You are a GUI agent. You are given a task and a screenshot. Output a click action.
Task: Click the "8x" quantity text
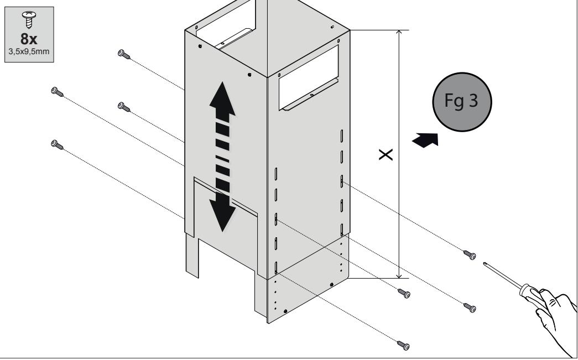(x=29, y=39)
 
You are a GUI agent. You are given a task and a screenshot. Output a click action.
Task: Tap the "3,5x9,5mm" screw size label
(x=29, y=51)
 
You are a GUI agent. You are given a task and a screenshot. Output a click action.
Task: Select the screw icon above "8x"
(x=29, y=19)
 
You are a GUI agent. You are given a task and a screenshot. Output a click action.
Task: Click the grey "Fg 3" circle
(x=462, y=102)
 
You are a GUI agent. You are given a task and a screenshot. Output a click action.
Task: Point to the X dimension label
(x=386, y=155)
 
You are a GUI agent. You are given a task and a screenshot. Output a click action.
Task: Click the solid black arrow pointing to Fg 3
(x=426, y=140)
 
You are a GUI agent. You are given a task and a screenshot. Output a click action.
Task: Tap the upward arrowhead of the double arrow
(x=222, y=99)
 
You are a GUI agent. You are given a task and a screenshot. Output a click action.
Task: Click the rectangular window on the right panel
(x=309, y=77)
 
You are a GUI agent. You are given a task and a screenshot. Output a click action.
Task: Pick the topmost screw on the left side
(x=124, y=55)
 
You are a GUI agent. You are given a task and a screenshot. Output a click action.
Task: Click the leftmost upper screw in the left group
(x=57, y=92)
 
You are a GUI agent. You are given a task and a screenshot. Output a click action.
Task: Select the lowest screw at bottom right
(x=404, y=345)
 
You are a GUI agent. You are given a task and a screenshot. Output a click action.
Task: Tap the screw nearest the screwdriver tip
(x=470, y=254)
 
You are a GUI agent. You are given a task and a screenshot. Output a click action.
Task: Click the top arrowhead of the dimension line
(x=399, y=34)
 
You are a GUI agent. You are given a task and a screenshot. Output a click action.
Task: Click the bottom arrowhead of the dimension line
(x=399, y=274)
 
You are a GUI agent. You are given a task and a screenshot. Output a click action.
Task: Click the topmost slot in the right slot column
(x=342, y=135)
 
